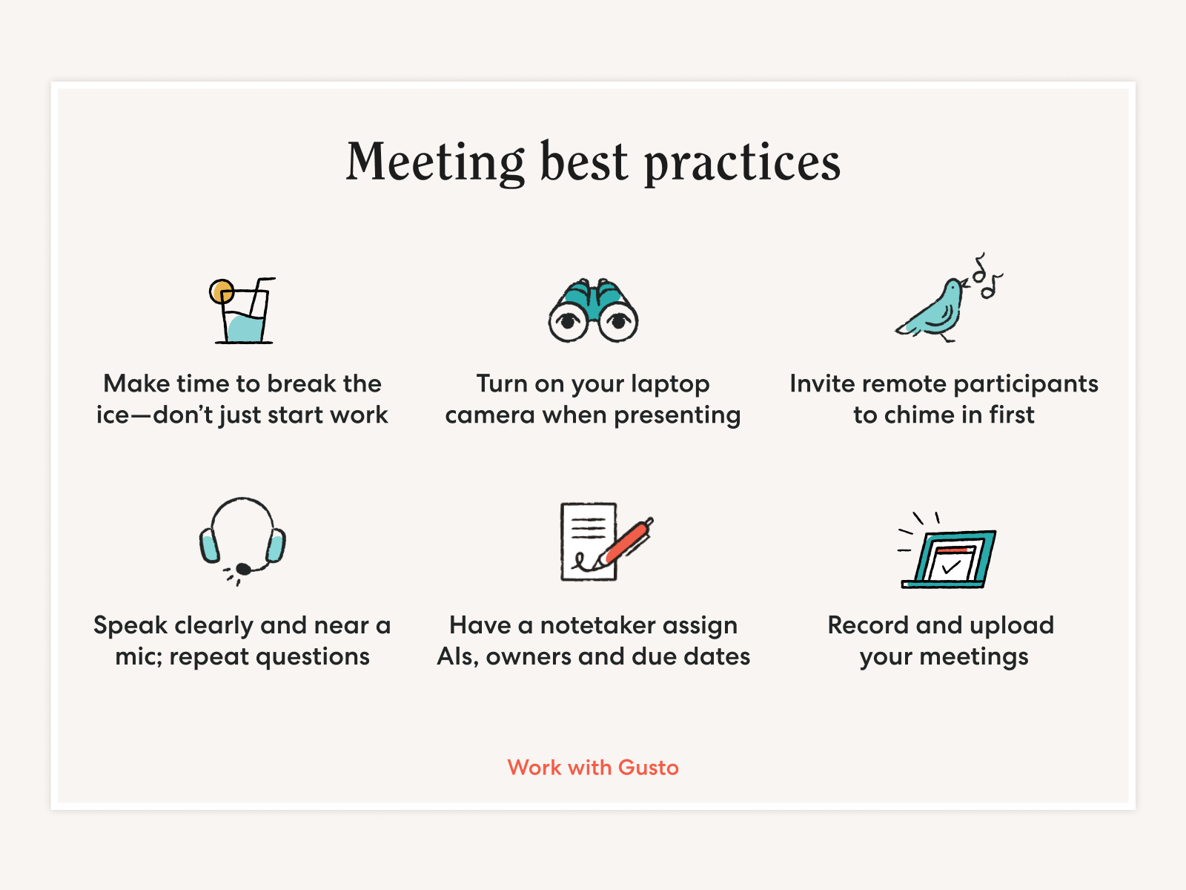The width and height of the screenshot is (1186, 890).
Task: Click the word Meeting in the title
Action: point(435,162)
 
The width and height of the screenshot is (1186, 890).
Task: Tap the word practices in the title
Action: point(743,163)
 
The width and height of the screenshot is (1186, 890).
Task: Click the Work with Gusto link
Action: point(593,768)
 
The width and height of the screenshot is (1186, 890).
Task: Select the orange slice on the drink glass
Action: point(222,291)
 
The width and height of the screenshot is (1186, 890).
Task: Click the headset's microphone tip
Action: point(243,568)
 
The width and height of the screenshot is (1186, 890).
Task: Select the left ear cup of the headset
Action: point(209,544)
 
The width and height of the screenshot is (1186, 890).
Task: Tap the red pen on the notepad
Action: point(627,542)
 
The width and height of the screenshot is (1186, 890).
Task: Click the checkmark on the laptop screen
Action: point(950,567)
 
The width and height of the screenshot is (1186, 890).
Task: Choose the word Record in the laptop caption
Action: point(868,626)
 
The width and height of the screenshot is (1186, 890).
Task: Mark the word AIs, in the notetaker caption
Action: point(457,657)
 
